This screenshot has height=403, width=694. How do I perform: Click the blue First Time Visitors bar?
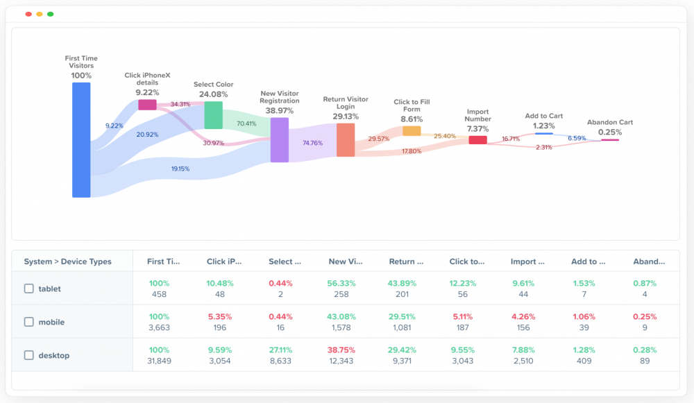coord(81,140)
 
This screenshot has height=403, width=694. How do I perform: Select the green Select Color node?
coord(213,115)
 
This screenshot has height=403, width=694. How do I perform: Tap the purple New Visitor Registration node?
coord(279,139)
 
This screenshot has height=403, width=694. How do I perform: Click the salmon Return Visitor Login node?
coord(345,140)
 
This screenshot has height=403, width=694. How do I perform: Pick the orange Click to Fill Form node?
coord(412,130)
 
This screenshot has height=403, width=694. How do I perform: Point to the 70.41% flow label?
coord(246,123)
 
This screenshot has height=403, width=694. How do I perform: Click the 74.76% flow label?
coord(312,143)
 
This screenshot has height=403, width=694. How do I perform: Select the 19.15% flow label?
coord(180,169)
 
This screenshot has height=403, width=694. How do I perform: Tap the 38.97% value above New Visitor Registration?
coord(279,110)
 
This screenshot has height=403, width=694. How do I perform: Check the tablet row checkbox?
coord(29,289)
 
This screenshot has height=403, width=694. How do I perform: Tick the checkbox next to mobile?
coord(29,322)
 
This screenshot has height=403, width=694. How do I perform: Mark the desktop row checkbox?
coord(29,355)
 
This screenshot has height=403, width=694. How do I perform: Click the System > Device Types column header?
coord(67,261)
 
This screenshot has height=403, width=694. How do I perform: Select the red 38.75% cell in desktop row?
coord(345,350)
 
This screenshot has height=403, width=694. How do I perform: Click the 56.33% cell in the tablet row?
coord(345,284)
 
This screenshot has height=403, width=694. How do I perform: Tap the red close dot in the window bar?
coord(28,14)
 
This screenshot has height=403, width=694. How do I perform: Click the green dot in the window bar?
coord(50,14)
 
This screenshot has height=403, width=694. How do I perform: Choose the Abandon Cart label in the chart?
coord(609,122)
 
